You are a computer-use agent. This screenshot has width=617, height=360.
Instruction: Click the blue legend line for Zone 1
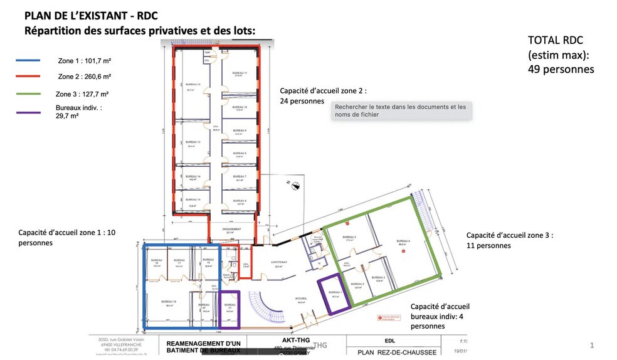pyautogui.click(x=28, y=61)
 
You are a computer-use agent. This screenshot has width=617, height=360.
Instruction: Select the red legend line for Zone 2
pyautogui.click(x=28, y=77)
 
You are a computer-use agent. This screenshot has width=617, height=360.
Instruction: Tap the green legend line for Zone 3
pyautogui.click(x=28, y=93)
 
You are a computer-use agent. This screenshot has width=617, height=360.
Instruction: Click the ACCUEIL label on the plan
pyautogui.click(x=301, y=298)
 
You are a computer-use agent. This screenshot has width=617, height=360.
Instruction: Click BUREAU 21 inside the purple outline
pyautogui.click(x=230, y=307)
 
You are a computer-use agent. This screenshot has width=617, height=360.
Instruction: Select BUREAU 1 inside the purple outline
pyautogui.click(x=335, y=292)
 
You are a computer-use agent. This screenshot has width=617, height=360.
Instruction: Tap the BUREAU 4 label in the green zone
pyautogui.click(x=404, y=241)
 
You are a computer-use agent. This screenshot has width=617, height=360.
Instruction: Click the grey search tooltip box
pyautogui.click(x=401, y=110)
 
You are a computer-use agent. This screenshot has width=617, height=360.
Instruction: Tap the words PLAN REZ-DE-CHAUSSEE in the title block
pyautogui.click(x=396, y=352)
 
